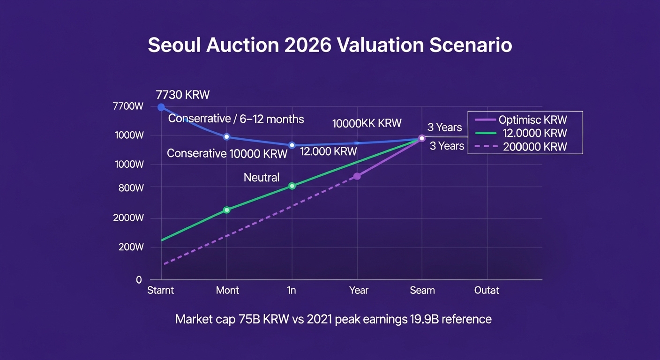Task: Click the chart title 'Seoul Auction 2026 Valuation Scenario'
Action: pos(330,45)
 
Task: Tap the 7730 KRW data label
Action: pos(183,95)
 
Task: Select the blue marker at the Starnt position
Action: pos(161,107)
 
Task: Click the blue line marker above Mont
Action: pos(227,137)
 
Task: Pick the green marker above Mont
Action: pos(227,210)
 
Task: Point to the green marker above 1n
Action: pos(292,186)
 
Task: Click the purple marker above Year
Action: pos(357,176)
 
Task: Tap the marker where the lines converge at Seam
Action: pos(422,138)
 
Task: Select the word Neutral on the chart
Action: pos(262,177)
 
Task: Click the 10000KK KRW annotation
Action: pos(367,123)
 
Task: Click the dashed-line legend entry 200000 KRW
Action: pos(535,147)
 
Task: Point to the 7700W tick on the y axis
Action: pos(128,106)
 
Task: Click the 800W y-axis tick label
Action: pos(131,188)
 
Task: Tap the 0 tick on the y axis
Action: pos(139,280)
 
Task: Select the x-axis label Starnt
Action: pos(161,290)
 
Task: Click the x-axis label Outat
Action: pos(487,290)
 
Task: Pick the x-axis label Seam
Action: pos(422,290)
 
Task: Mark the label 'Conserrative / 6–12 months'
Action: pos(236,119)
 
